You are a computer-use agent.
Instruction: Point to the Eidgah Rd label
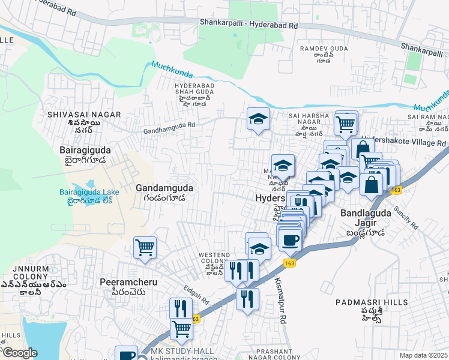196,294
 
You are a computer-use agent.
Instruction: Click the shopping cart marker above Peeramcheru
145,247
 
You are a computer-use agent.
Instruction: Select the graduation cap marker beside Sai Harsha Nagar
258,119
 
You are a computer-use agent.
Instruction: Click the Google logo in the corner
19,353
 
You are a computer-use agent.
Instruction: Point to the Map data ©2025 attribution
424,355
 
